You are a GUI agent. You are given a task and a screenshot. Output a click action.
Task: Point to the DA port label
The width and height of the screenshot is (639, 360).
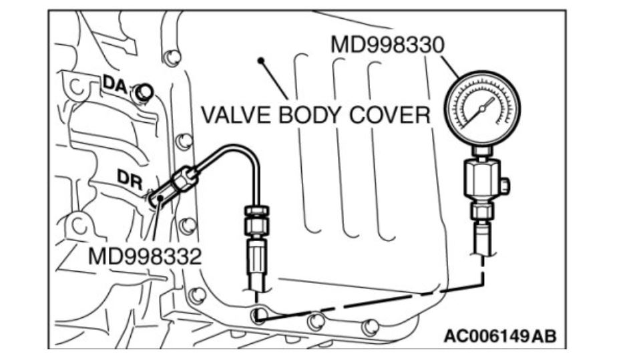(114, 84)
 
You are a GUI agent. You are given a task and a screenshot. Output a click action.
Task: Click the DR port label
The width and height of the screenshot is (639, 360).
(129, 178)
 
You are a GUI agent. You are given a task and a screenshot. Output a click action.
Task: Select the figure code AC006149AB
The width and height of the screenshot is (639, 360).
(499, 335)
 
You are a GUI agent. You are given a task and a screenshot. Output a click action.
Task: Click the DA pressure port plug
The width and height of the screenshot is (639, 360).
(142, 93)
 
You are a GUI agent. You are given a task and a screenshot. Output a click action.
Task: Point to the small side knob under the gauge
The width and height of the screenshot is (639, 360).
(505, 183)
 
